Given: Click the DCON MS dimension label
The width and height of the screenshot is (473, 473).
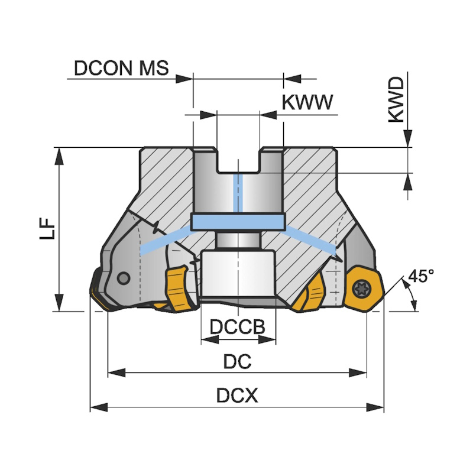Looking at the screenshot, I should coord(121,69).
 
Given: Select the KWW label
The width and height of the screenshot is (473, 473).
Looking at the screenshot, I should coord(307,102).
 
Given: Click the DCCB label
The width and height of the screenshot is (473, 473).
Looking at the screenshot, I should coord(237,327).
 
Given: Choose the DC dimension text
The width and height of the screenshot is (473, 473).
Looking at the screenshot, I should coord(237,362).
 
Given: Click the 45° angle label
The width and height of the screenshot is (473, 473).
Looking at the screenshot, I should coord(420,276).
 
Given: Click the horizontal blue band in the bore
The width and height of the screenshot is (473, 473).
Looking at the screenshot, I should coord(238,222).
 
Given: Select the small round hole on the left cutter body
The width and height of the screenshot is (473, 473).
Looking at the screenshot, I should coord(124,278).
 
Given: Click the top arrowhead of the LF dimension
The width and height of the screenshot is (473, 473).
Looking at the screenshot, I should coord(59,155).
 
